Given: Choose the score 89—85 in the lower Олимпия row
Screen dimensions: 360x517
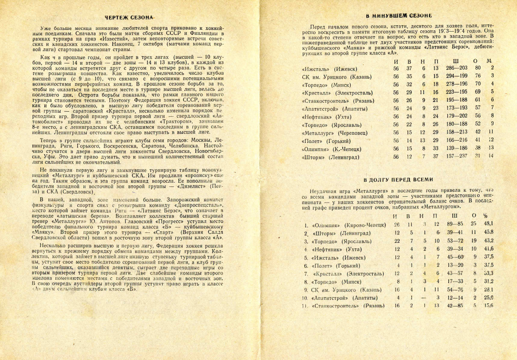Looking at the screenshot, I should (455, 224).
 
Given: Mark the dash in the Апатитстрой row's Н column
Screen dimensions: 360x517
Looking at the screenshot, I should (424, 297).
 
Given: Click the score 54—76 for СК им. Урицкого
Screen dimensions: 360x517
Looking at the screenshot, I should (455, 289).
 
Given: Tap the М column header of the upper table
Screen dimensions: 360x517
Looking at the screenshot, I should (492, 61).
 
